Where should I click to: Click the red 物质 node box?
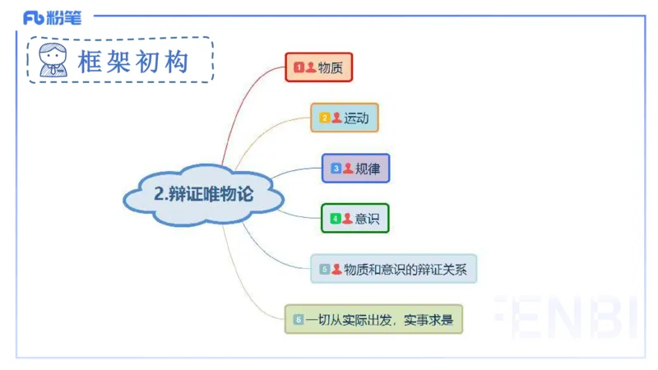pyautogui.click(x=318, y=67)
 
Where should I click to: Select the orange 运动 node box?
pyautogui.click(x=344, y=118)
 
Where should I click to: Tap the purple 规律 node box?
pyautogui.click(x=355, y=169)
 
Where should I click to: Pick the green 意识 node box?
pyautogui.click(x=354, y=219)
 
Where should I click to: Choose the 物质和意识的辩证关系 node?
pyautogui.click(x=393, y=269)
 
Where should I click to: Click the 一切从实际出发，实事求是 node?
pyautogui.click(x=373, y=319)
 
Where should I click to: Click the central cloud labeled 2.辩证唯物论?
pyautogui.click(x=204, y=195)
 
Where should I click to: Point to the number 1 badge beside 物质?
pyautogui.click(x=299, y=67)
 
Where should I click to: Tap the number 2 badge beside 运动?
pyautogui.click(x=325, y=118)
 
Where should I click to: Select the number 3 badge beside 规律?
pyautogui.click(x=336, y=169)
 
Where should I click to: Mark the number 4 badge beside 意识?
pyautogui.click(x=336, y=219)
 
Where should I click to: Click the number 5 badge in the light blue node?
pyautogui.click(x=325, y=269)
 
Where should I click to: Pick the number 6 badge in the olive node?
pyautogui.click(x=299, y=319)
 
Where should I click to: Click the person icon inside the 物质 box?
pyautogui.click(x=310, y=67)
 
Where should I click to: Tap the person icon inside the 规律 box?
pyautogui.click(x=348, y=169)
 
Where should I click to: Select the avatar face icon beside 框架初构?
pyautogui.click(x=53, y=59)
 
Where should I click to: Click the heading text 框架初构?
pyautogui.click(x=133, y=61)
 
